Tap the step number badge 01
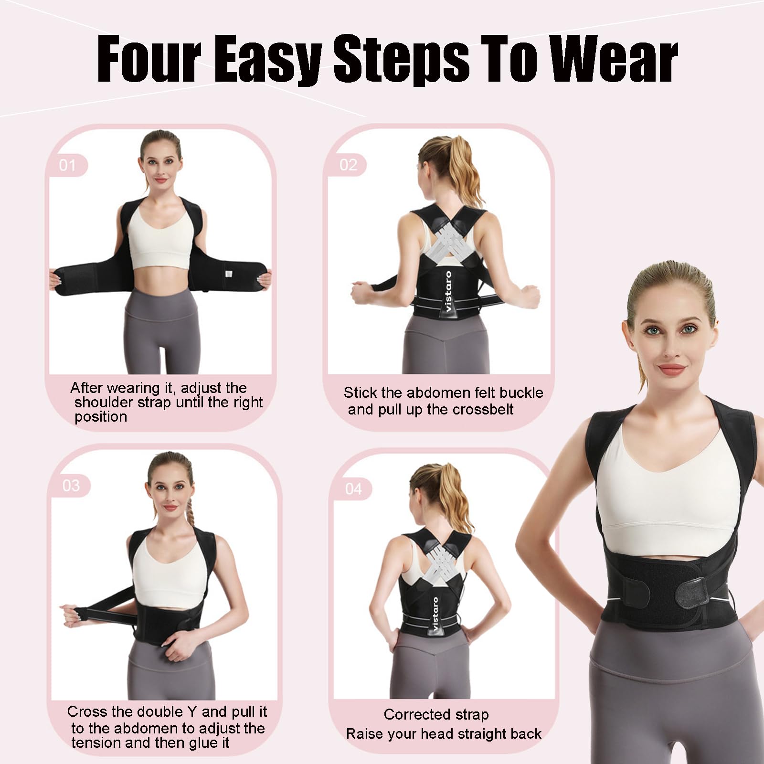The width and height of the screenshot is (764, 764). click(x=67, y=165)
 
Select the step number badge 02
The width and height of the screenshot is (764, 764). click(x=348, y=165)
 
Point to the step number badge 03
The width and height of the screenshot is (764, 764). click(x=71, y=486)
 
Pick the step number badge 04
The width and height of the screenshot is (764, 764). click(x=353, y=489)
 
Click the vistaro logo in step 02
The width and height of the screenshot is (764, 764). click(x=448, y=292)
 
